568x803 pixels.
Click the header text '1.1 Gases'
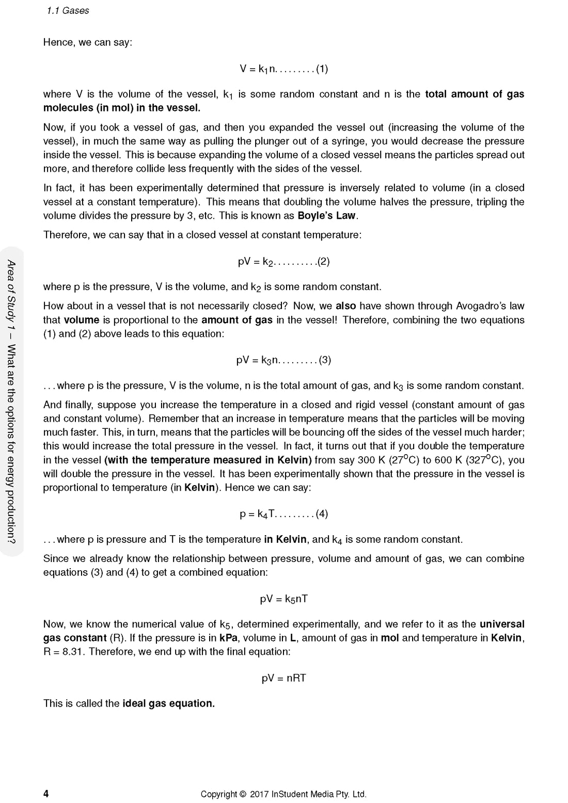(x=68, y=11)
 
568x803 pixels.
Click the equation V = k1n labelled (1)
(x=283, y=69)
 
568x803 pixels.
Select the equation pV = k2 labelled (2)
(x=283, y=262)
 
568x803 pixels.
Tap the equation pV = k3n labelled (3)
(x=283, y=360)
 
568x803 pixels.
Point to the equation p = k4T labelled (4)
(x=283, y=514)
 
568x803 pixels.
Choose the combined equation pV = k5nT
(x=283, y=599)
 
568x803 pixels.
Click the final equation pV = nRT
(x=283, y=678)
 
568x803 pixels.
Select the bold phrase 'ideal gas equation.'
(x=168, y=703)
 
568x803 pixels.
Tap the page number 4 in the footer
(x=46, y=794)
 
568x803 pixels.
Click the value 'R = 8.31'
(x=64, y=652)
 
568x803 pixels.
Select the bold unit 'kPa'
(x=228, y=638)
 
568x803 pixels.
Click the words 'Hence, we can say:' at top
(x=88, y=42)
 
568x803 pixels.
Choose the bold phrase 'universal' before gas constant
(x=502, y=624)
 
